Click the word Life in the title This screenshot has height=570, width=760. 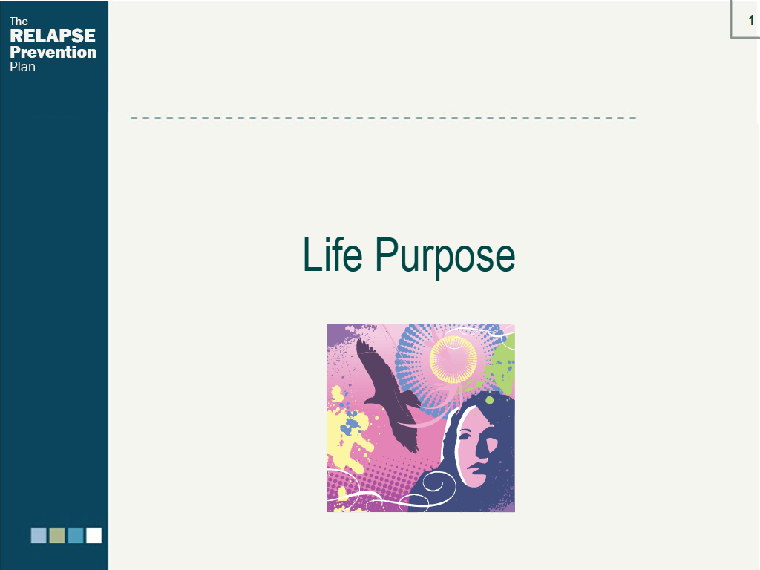click(332, 255)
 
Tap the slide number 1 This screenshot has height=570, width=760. click(751, 20)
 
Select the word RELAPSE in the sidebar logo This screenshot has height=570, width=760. click(53, 36)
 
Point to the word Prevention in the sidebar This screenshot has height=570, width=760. click(53, 53)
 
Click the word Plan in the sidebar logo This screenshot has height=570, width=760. click(22, 67)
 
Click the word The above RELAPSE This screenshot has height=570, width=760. click(19, 22)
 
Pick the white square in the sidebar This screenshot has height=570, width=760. click(94, 536)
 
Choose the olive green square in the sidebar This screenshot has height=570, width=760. click(57, 536)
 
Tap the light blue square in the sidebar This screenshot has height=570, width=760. click(39, 536)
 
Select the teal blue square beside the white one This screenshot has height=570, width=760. click(76, 536)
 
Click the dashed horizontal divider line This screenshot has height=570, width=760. click(384, 118)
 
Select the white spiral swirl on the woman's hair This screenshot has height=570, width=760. click(436, 485)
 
